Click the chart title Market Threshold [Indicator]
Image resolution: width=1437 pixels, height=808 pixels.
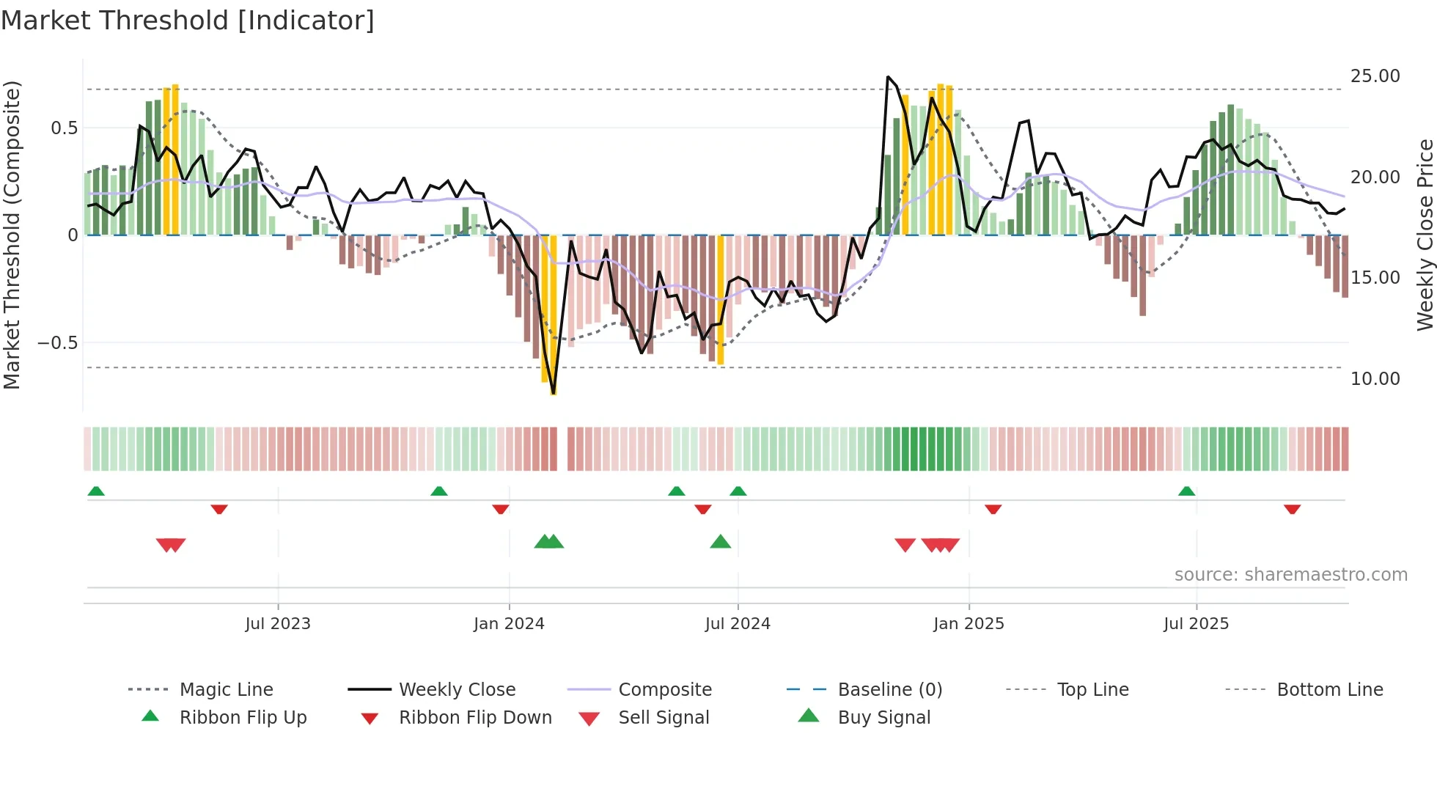[x=188, y=21]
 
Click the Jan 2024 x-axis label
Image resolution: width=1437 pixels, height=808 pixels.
[x=509, y=624]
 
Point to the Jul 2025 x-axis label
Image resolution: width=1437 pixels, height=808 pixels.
[x=1196, y=624]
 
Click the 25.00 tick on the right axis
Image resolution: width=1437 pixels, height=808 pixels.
[x=1375, y=76]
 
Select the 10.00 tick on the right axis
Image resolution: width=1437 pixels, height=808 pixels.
[x=1375, y=379]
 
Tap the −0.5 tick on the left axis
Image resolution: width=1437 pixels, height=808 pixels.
[x=57, y=343]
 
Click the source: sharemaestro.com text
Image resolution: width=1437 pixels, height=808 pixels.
[x=1290, y=575]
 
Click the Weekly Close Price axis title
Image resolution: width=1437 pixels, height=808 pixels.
[x=1425, y=235]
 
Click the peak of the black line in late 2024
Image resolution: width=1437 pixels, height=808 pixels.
[x=888, y=77]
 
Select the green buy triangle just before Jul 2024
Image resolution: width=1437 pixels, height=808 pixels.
[x=721, y=542]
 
